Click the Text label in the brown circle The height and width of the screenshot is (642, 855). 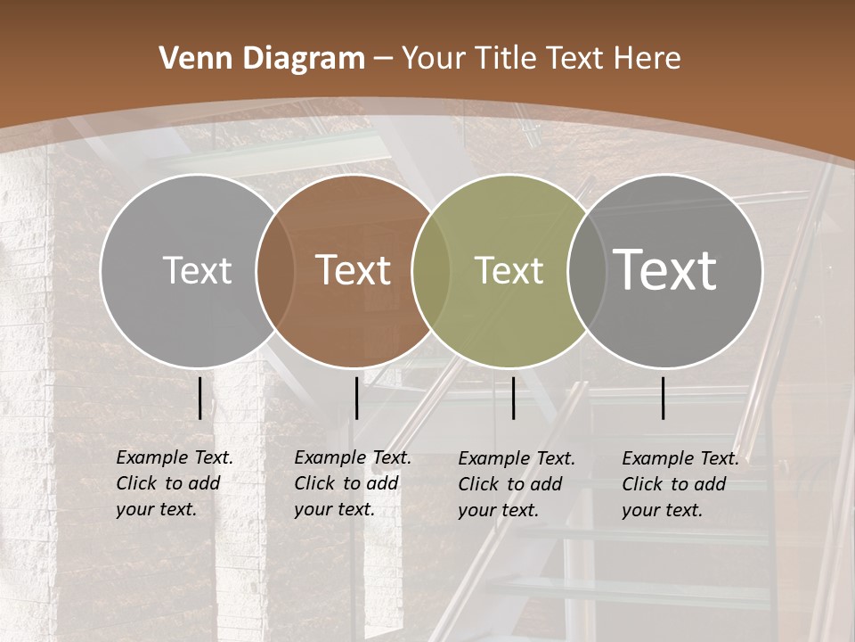tap(354, 270)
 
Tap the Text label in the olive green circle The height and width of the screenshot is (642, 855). tap(509, 270)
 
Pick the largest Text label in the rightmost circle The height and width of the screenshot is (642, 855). tap(665, 269)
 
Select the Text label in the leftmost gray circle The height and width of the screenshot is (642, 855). tap(197, 270)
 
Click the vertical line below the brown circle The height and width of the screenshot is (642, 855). tap(356, 398)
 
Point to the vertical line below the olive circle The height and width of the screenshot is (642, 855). tap(514, 398)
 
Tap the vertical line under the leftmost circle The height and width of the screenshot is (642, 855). tap(199, 398)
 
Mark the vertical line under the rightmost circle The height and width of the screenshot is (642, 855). tap(664, 398)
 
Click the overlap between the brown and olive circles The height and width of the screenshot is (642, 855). tap(431, 270)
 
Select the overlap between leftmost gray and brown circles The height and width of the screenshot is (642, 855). tap(275, 270)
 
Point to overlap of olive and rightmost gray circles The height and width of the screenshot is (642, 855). tap(586, 270)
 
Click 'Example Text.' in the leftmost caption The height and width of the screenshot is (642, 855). tap(175, 457)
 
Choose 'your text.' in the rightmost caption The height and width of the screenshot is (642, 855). tap(662, 510)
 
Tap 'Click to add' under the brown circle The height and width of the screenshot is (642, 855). tap(346, 483)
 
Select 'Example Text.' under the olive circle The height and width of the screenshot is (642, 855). tap(517, 458)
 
